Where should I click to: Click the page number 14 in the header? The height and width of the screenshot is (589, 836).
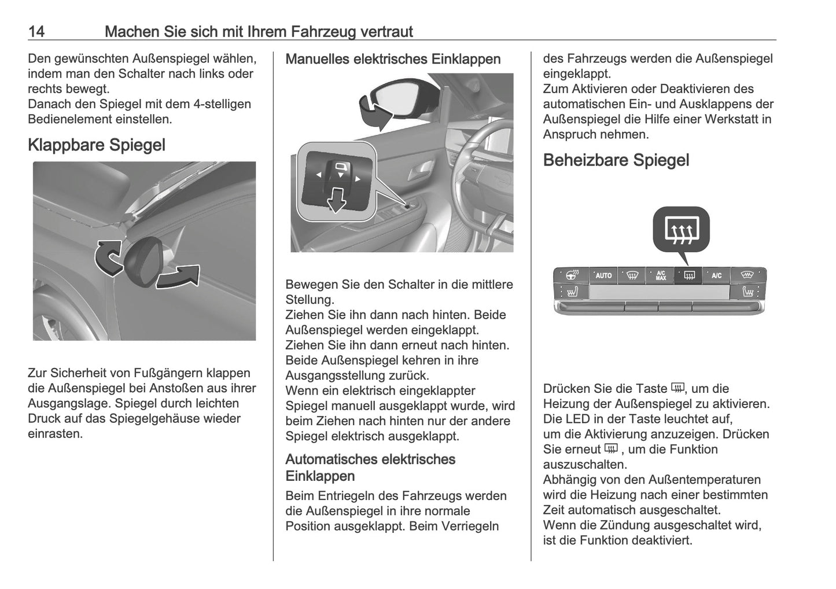click(x=36, y=31)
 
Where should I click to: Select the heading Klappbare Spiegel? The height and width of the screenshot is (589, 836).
click(x=97, y=145)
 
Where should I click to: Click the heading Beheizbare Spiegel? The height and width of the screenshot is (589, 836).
click(x=616, y=160)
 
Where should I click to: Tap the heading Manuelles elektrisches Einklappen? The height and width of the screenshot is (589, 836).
click(x=393, y=59)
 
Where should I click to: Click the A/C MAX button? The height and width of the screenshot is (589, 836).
click(x=660, y=275)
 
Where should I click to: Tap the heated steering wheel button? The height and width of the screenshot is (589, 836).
click(x=572, y=275)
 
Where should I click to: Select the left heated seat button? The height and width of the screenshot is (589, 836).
click(x=571, y=292)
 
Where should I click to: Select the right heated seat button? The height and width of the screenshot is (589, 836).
click(x=748, y=292)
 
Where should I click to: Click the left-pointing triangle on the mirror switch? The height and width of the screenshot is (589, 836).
click(x=318, y=175)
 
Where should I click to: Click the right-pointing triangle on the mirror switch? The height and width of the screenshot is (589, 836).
click(x=358, y=179)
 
